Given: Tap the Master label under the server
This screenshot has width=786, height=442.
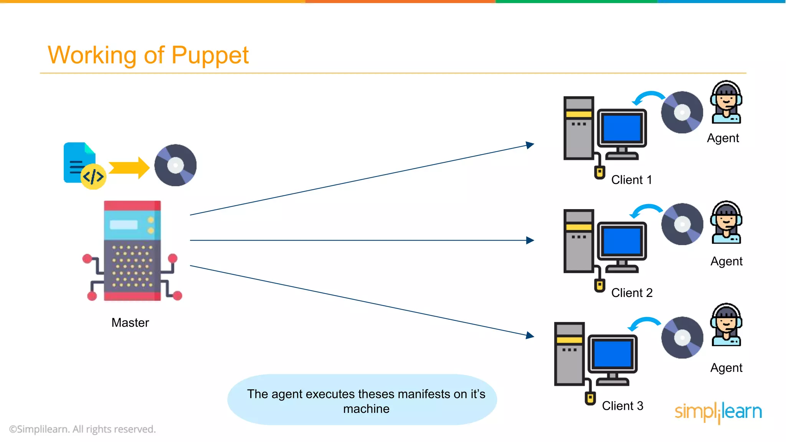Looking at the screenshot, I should click(130, 322).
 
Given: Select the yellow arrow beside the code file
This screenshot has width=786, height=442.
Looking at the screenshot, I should click(129, 168).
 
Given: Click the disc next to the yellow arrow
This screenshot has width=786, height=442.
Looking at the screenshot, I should click(175, 165).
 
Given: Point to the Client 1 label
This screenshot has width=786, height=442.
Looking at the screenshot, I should click(631, 180).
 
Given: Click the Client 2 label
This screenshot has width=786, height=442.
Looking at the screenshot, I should click(632, 293).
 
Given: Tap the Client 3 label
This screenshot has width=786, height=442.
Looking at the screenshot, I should click(622, 406).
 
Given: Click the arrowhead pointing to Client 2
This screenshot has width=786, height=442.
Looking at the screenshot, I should click(530, 240).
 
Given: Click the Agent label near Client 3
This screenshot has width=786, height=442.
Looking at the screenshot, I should click(726, 368).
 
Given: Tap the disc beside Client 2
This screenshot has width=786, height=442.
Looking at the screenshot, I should click(682, 224).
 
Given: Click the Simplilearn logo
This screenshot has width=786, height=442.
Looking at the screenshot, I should click(718, 412).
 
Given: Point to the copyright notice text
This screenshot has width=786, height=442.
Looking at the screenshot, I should click(82, 429).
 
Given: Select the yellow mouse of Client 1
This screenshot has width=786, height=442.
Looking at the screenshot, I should click(599, 172).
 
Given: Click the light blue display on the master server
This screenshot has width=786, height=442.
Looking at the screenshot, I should click(124, 224).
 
